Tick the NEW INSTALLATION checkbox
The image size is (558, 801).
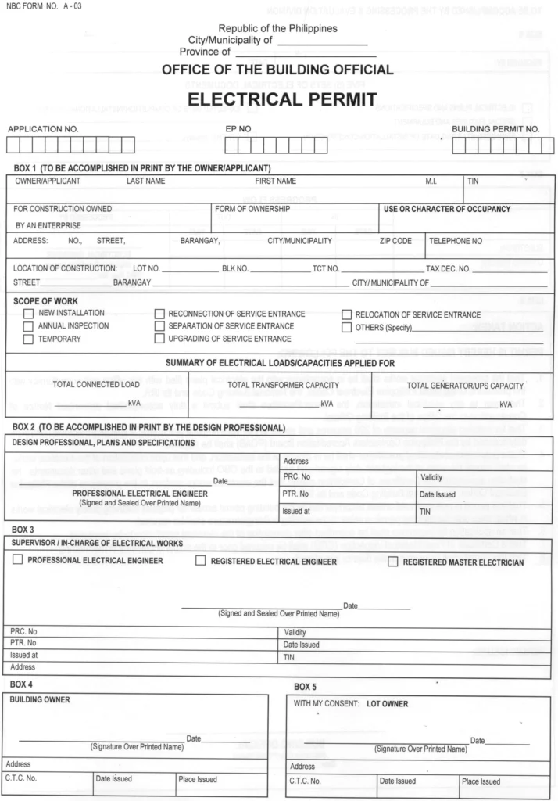tap(28, 314)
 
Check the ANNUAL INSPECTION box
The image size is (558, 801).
tap(28, 326)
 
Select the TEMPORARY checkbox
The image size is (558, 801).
tap(28, 339)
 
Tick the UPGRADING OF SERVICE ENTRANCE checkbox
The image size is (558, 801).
tap(159, 339)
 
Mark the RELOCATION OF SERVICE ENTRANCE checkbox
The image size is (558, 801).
tap(347, 314)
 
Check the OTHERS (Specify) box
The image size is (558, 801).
tap(347, 327)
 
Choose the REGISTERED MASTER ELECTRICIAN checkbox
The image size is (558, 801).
tap(393, 562)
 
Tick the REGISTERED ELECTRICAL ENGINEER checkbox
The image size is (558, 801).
tap(201, 561)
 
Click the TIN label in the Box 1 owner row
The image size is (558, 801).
tap(473, 181)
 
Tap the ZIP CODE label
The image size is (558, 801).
tap(395, 241)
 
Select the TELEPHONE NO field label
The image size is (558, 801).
tap(456, 241)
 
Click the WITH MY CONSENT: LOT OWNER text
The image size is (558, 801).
tap(350, 704)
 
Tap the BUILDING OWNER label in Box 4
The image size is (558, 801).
tap(39, 699)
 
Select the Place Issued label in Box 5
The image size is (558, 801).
tap(481, 781)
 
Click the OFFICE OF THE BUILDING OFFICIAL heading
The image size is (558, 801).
tap(277, 70)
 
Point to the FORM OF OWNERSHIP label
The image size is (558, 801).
tap(252, 209)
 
